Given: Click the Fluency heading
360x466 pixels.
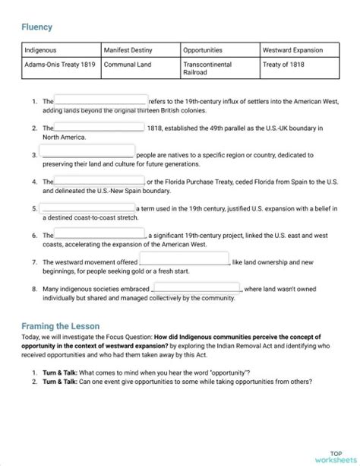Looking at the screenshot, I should tap(37, 27).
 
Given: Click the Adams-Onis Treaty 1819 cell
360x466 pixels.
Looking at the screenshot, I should tap(60, 65).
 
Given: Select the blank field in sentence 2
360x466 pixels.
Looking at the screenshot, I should tap(99, 127).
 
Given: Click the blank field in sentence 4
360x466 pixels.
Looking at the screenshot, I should tap(99, 181).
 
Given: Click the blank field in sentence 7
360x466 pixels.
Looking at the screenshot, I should tap(185, 261).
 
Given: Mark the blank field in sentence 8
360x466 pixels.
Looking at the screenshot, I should tap(197, 288).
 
